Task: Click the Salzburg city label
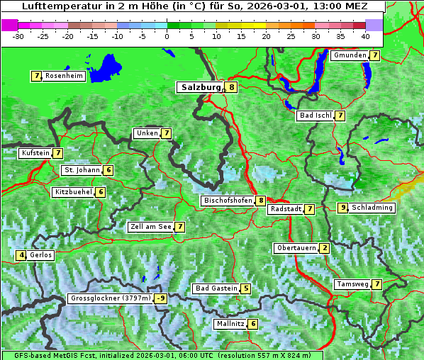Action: click(201, 87)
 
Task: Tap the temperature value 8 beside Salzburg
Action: click(232, 87)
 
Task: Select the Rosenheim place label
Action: click(63, 76)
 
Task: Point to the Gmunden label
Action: click(350, 55)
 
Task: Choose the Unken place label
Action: click(147, 133)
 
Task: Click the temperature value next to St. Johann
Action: click(108, 170)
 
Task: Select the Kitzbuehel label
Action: click(73, 192)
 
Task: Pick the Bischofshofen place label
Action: click(228, 201)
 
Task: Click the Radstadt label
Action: click(285, 209)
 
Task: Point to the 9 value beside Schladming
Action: click(343, 208)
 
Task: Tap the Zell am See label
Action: click(151, 227)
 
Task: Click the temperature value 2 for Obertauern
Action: click(324, 248)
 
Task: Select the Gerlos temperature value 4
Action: click(21, 255)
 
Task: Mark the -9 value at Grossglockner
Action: click(161, 298)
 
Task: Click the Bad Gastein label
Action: click(216, 288)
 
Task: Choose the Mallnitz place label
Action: click(230, 324)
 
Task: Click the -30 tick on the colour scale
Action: click(18, 35)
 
